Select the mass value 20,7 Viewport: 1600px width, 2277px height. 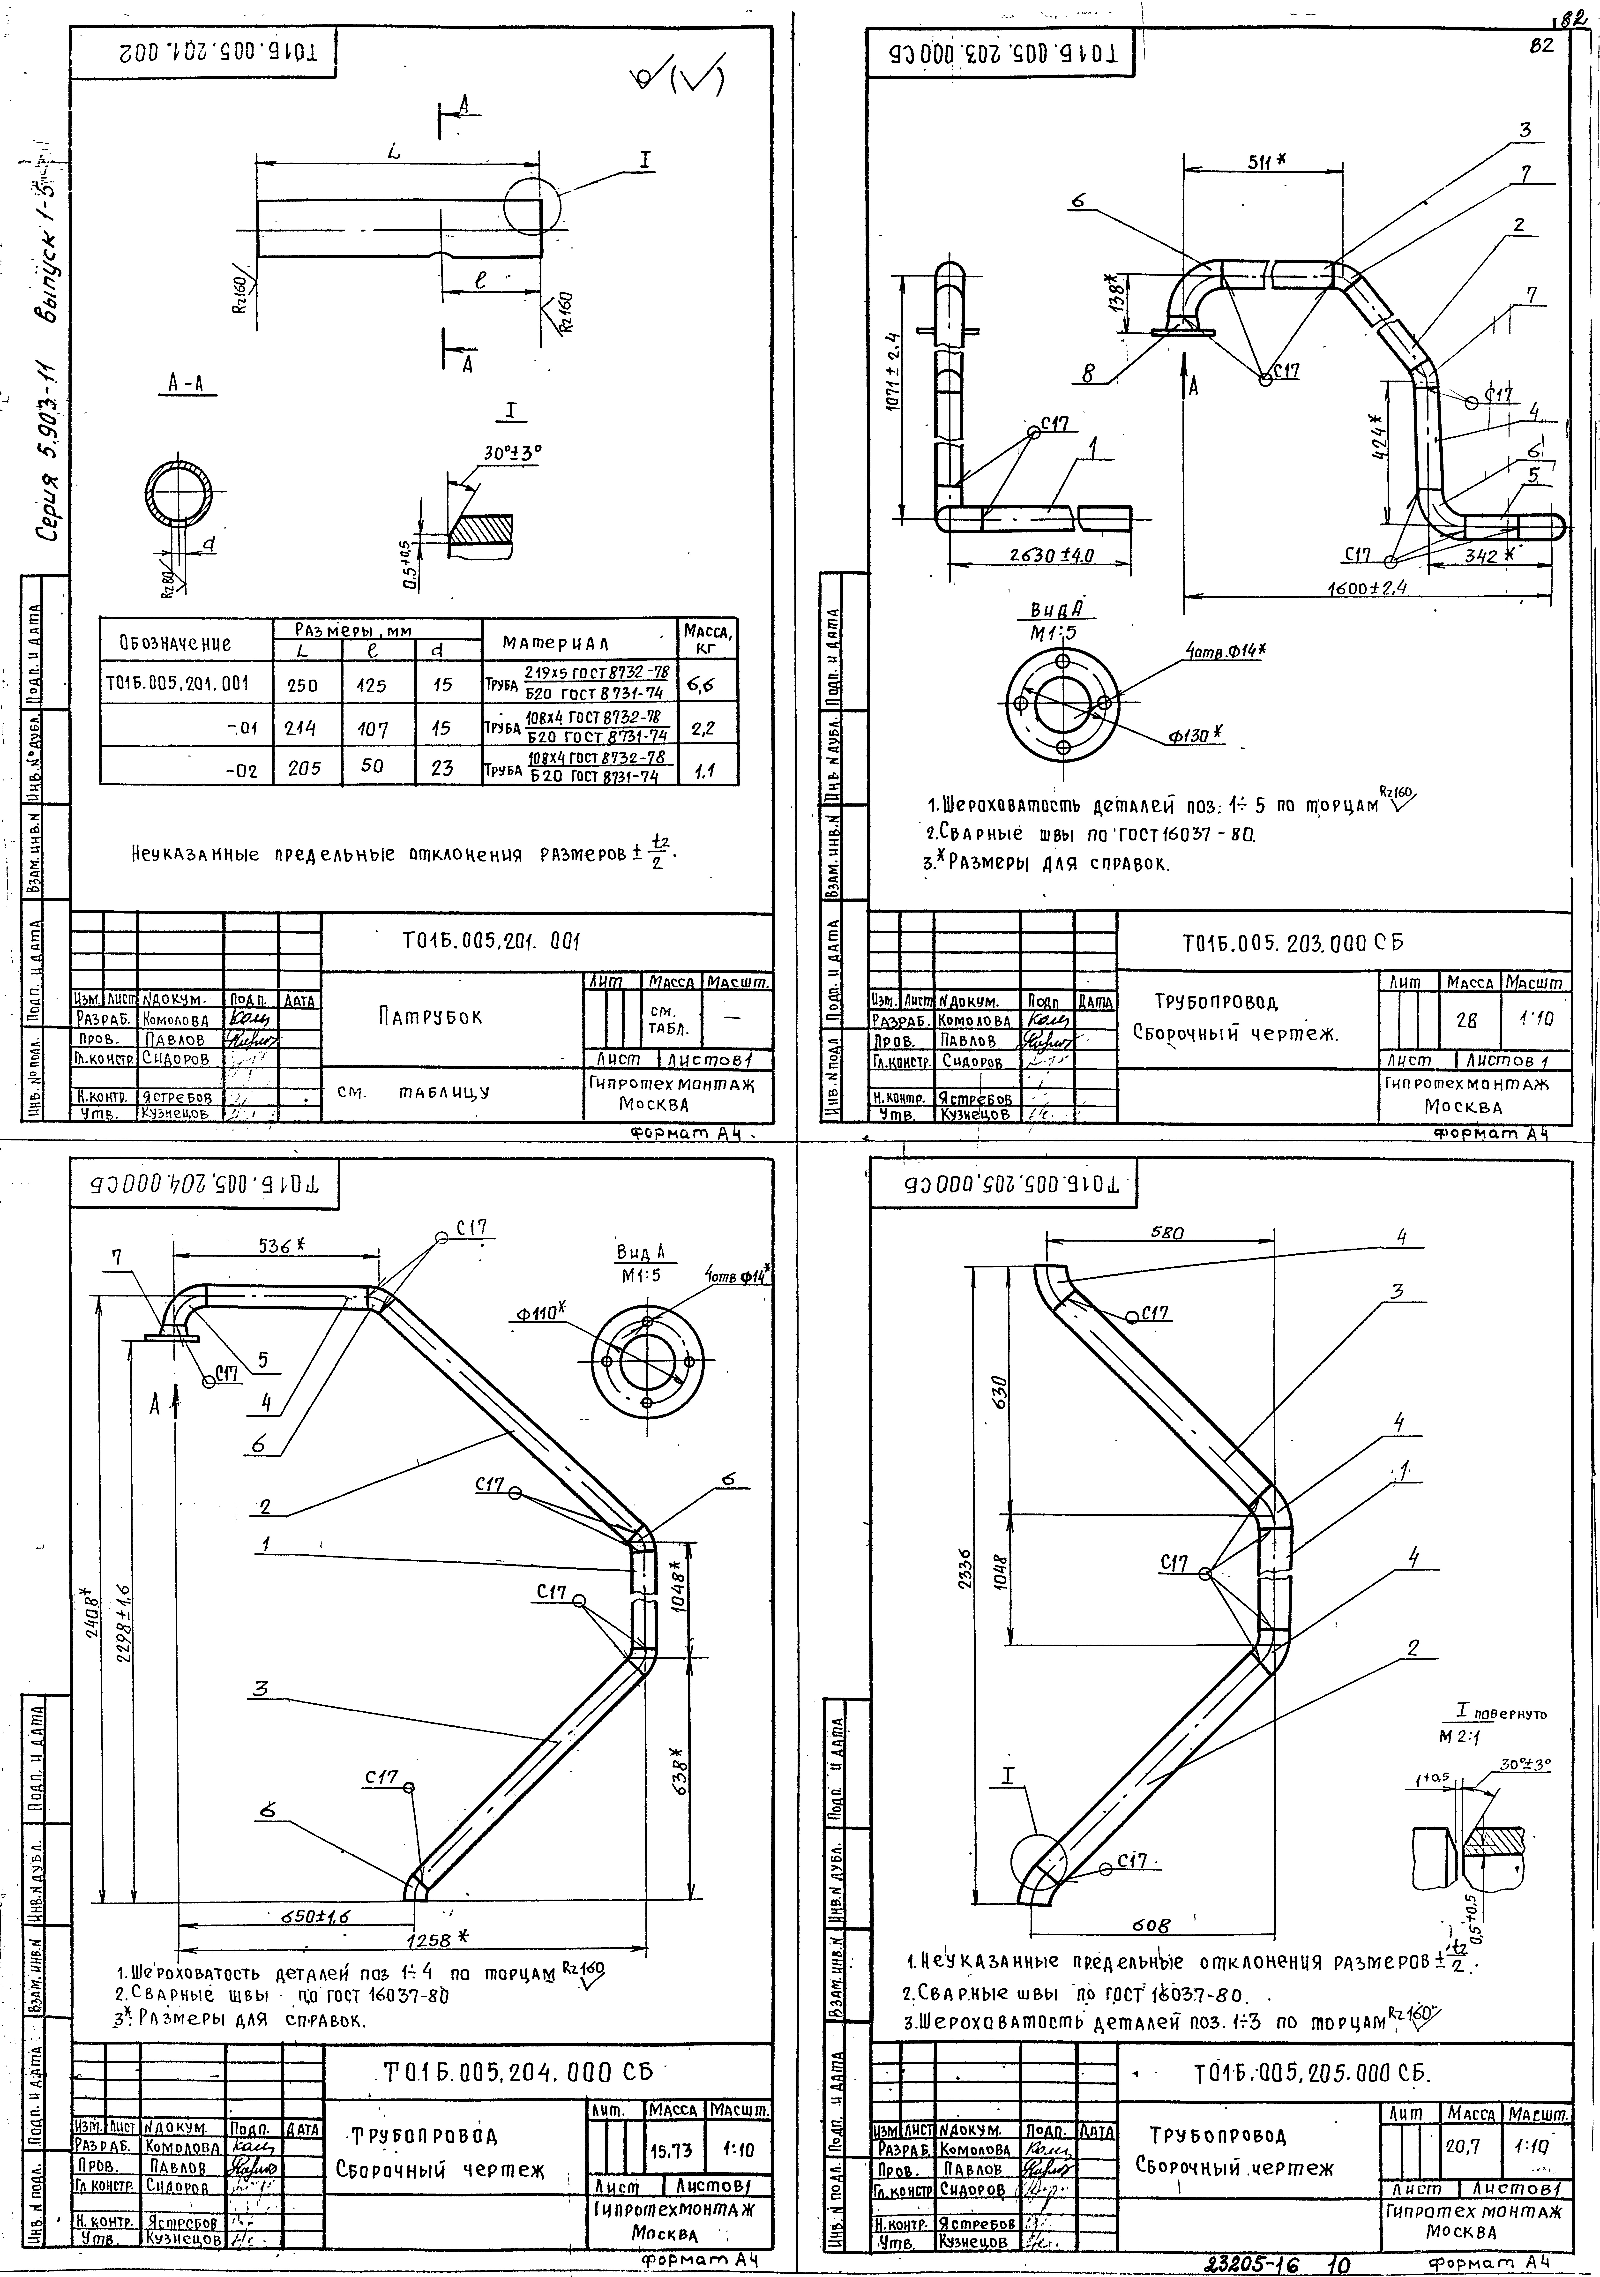click(x=1462, y=2145)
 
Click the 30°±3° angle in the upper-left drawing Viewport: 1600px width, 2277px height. click(x=513, y=453)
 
